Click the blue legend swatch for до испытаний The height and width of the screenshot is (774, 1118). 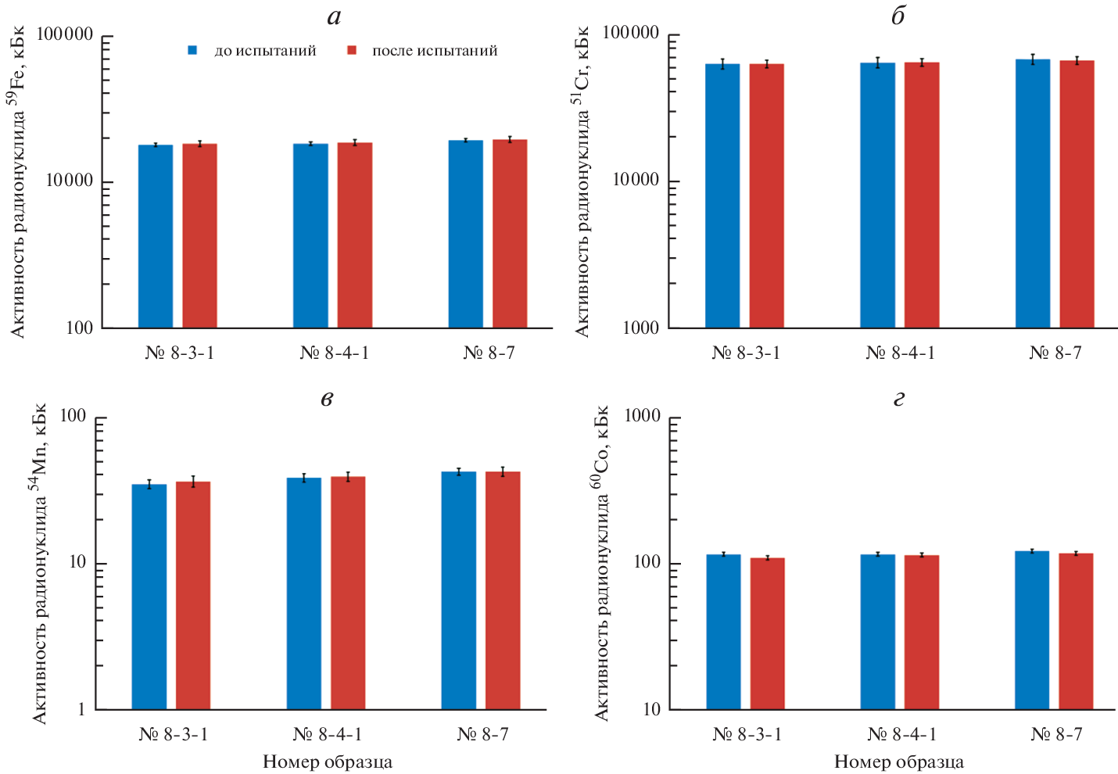point(192,51)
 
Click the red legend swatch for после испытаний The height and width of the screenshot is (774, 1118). point(352,51)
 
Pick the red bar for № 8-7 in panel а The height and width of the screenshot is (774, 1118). point(510,234)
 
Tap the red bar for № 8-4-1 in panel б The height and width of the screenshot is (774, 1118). point(922,195)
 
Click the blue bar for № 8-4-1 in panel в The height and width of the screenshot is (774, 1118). point(303,593)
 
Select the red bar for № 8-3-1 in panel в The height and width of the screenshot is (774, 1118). point(193,595)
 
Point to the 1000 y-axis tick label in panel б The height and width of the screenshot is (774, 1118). point(640,328)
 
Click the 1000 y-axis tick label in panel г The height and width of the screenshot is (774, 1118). point(642,417)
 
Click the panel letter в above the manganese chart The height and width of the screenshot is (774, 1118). point(327,399)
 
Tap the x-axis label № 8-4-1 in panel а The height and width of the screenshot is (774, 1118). point(334,353)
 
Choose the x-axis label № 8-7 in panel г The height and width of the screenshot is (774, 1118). point(1056,735)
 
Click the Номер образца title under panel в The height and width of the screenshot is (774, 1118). point(327,762)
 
